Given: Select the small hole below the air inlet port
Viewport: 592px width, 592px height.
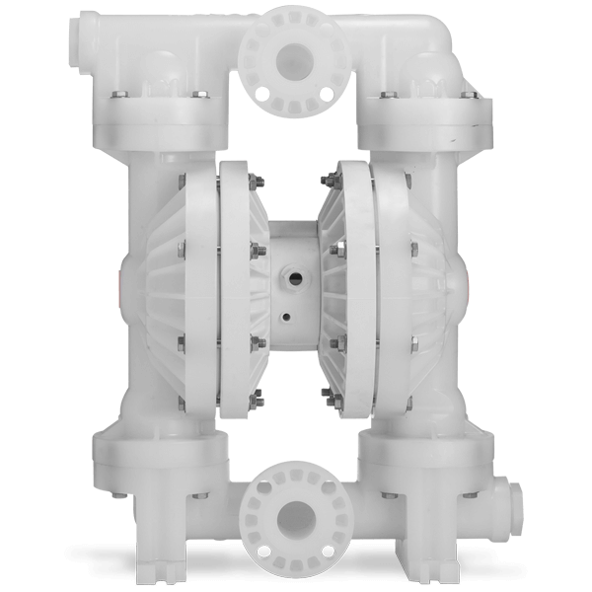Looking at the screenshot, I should (x=285, y=319).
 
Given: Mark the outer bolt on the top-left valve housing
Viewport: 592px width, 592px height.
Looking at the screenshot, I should (x=116, y=95).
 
